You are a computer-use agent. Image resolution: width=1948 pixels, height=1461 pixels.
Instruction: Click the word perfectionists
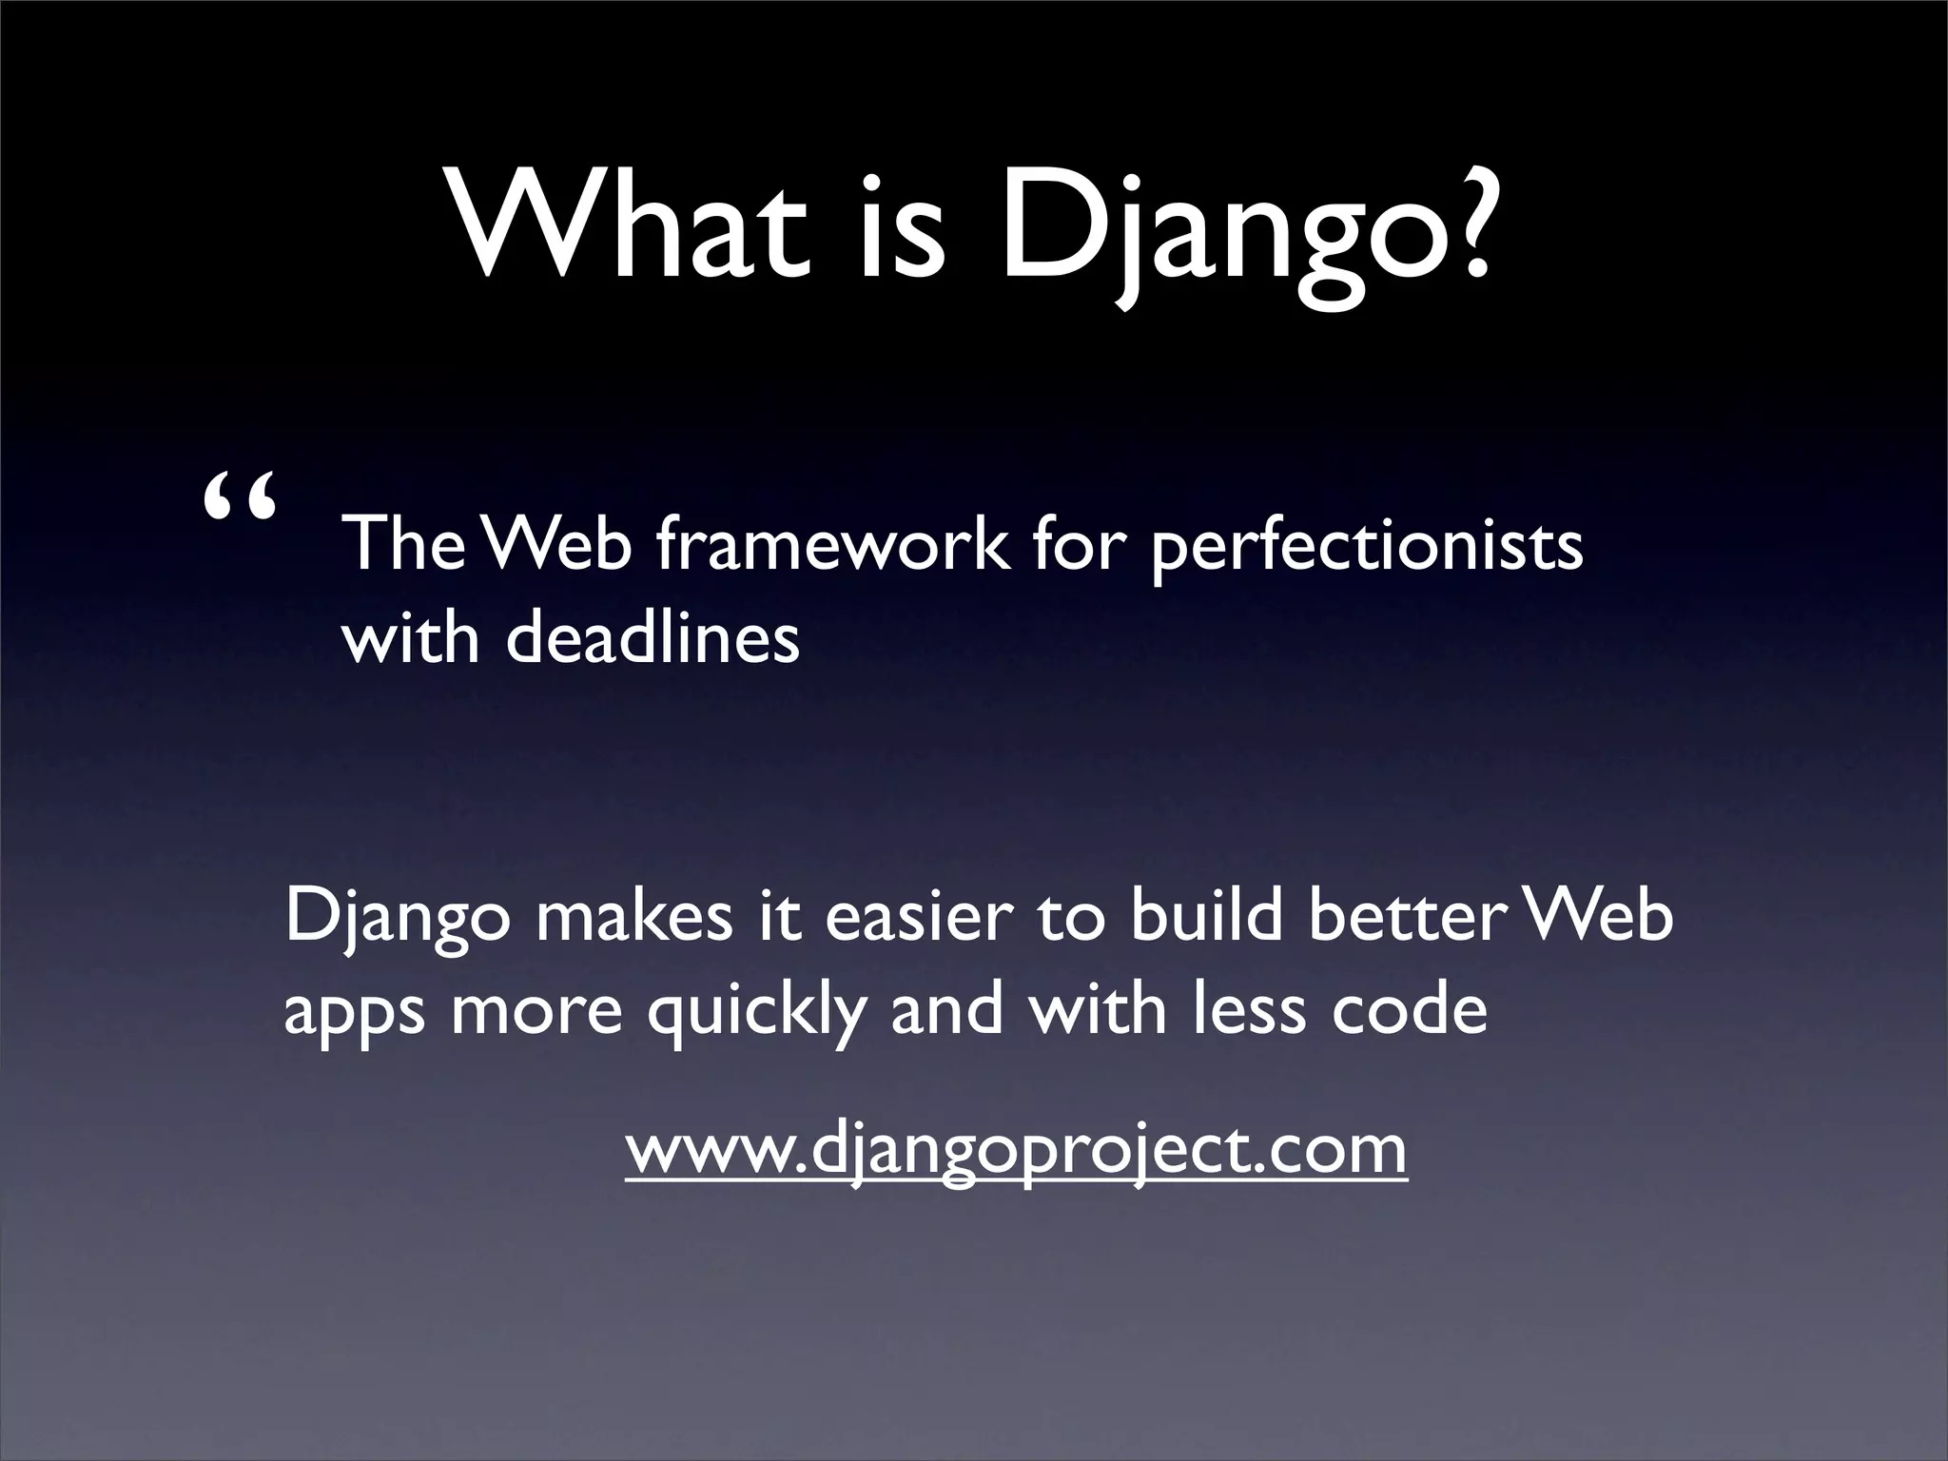1367,550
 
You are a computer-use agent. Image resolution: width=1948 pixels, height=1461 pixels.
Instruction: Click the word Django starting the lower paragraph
397,921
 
